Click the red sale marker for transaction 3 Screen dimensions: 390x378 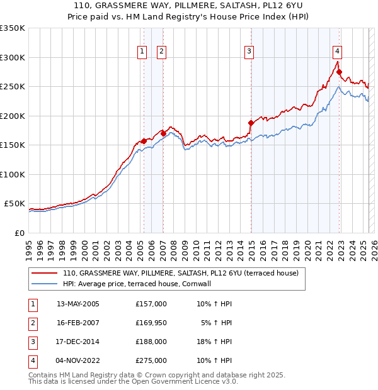pyautogui.click(x=251, y=123)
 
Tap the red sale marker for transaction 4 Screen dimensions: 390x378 pyautogui.click(x=339, y=72)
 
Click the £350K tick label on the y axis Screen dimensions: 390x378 pyautogui.click(x=12, y=28)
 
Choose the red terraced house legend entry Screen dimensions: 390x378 pyautogui.click(x=184, y=273)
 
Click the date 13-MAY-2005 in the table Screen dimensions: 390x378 pyautogui.click(x=78, y=304)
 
